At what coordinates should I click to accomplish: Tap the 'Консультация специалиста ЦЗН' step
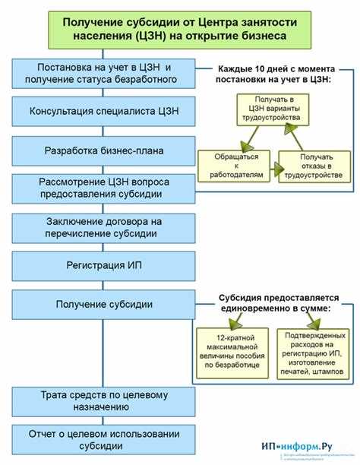(x=104, y=112)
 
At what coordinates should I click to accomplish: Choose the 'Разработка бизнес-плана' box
(x=104, y=150)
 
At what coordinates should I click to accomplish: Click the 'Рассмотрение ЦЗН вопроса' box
(x=104, y=187)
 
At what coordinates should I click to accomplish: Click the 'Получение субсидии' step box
(x=104, y=304)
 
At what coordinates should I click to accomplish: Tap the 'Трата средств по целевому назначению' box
(x=104, y=400)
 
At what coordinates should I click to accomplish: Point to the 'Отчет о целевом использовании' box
(x=104, y=439)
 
